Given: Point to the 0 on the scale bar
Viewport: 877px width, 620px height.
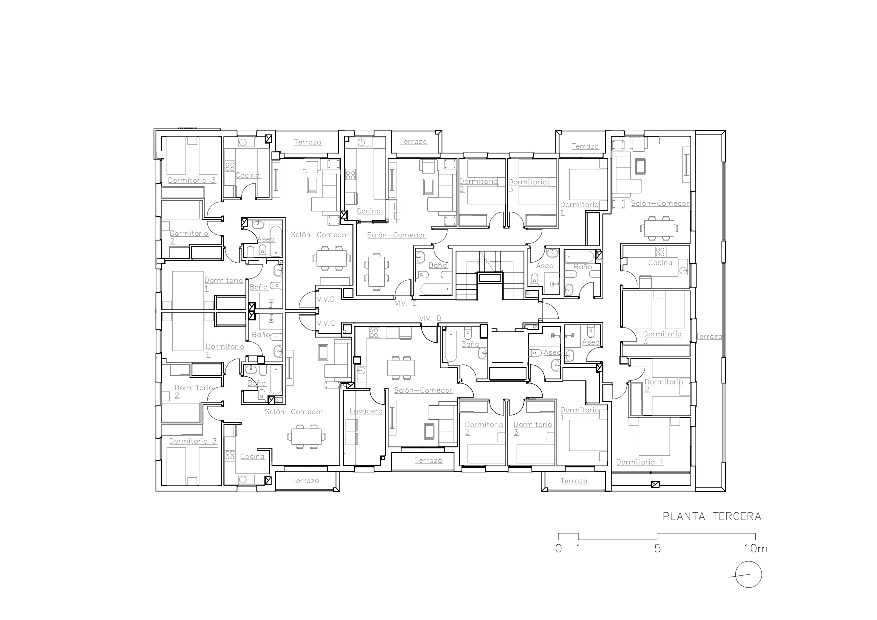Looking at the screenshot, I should click(x=558, y=548).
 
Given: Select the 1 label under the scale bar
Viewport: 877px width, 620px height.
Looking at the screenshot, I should click(x=578, y=548).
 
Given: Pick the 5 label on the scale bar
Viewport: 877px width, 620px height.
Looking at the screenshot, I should click(x=657, y=548).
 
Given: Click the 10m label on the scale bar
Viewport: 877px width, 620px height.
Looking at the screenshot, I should click(x=755, y=548).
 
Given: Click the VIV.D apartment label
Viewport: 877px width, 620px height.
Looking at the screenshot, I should click(x=326, y=299).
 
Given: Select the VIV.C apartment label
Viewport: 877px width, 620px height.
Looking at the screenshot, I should click(x=326, y=323).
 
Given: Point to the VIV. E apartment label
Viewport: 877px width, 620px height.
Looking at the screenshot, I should click(x=405, y=303).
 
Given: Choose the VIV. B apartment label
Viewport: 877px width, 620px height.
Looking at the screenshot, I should click(x=430, y=318).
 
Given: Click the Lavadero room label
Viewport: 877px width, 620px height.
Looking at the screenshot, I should click(x=366, y=411).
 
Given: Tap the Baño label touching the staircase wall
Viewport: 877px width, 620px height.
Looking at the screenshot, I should click(x=437, y=265).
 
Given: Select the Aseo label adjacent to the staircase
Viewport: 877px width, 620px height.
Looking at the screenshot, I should click(x=545, y=266).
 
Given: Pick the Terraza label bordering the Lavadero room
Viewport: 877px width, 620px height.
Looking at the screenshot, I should click(x=428, y=460).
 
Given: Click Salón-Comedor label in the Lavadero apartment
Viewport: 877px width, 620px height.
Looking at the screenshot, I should click(x=423, y=390).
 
